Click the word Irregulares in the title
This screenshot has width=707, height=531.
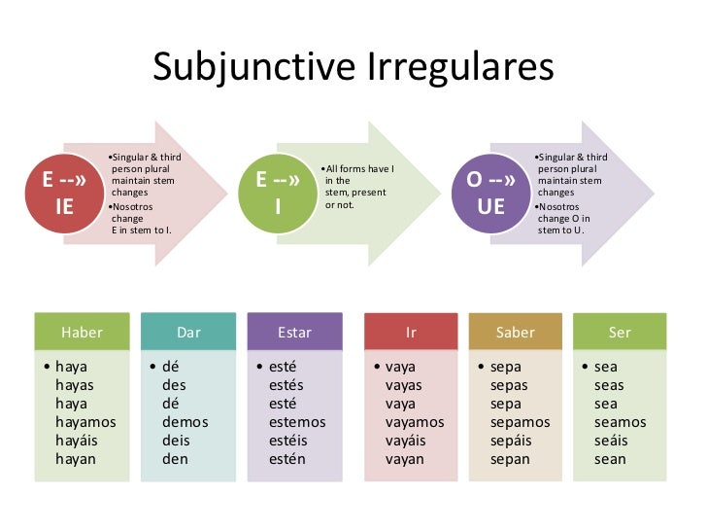pyautogui.click(x=461, y=68)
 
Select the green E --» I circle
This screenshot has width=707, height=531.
pyautogui.click(x=278, y=194)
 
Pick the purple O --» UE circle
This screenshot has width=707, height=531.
pyautogui.click(x=491, y=194)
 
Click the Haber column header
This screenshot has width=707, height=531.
pyautogui.click(x=82, y=333)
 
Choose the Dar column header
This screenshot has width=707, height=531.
pyautogui.click(x=188, y=333)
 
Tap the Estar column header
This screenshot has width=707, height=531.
pyautogui.click(x=295, y=333)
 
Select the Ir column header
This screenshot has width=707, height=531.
pyautogui.click(x=411, y=333)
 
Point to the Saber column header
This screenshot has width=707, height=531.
pyautogui.click(x=516, y=333)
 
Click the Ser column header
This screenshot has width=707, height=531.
pyautogui.click(x=620, y=333)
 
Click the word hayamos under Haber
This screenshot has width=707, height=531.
pyautogui.click(x=85, y=422)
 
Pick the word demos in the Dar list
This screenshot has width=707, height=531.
pyautogui.click(x=185, y=422)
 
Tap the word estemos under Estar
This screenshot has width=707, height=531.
pyautogui.click(x=297, y=422)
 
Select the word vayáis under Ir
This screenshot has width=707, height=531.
pyautogui.click(x=406, y=441)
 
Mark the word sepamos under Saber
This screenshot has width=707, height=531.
pyautogui.click(x=520, y=422)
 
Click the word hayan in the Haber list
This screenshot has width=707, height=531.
pyautogui.click(x=76, y=459)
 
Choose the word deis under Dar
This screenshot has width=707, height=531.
pyautogui.click(x=176, y=441)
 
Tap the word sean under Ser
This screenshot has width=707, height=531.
pyautogui.click(x=610, y=459)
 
